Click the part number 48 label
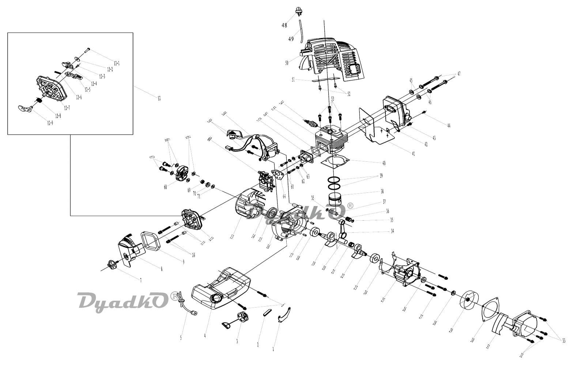284,25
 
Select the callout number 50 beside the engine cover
287,63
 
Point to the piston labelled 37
336,199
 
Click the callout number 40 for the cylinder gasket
384,163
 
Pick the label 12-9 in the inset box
50,123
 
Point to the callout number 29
451,330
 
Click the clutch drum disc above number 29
468,300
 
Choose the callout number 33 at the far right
564,341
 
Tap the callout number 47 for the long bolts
458,74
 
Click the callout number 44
449,126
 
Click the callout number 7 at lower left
141,280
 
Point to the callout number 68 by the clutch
166,187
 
